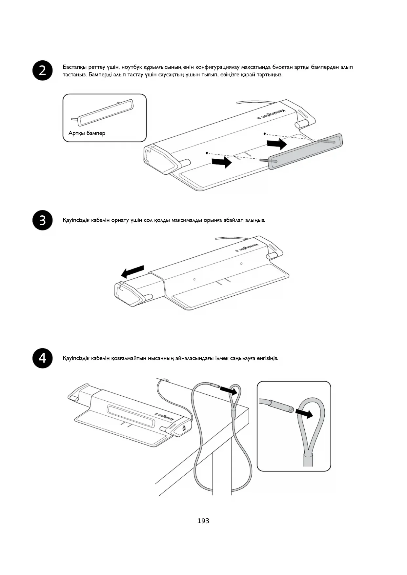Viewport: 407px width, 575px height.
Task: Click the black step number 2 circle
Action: (43, 70)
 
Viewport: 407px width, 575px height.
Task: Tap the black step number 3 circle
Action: (43, 220)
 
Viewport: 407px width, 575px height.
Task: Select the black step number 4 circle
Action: (43, 358)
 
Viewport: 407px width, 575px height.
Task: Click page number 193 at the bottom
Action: (203, 521)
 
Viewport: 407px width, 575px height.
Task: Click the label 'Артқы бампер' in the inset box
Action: (87, 133)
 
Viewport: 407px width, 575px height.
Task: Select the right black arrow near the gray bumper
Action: (277, 144)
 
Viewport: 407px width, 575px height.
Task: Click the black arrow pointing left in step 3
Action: (132, 271)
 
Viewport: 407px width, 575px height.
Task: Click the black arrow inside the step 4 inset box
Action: (304, 414)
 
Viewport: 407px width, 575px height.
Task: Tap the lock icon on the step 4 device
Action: (184, 427)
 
